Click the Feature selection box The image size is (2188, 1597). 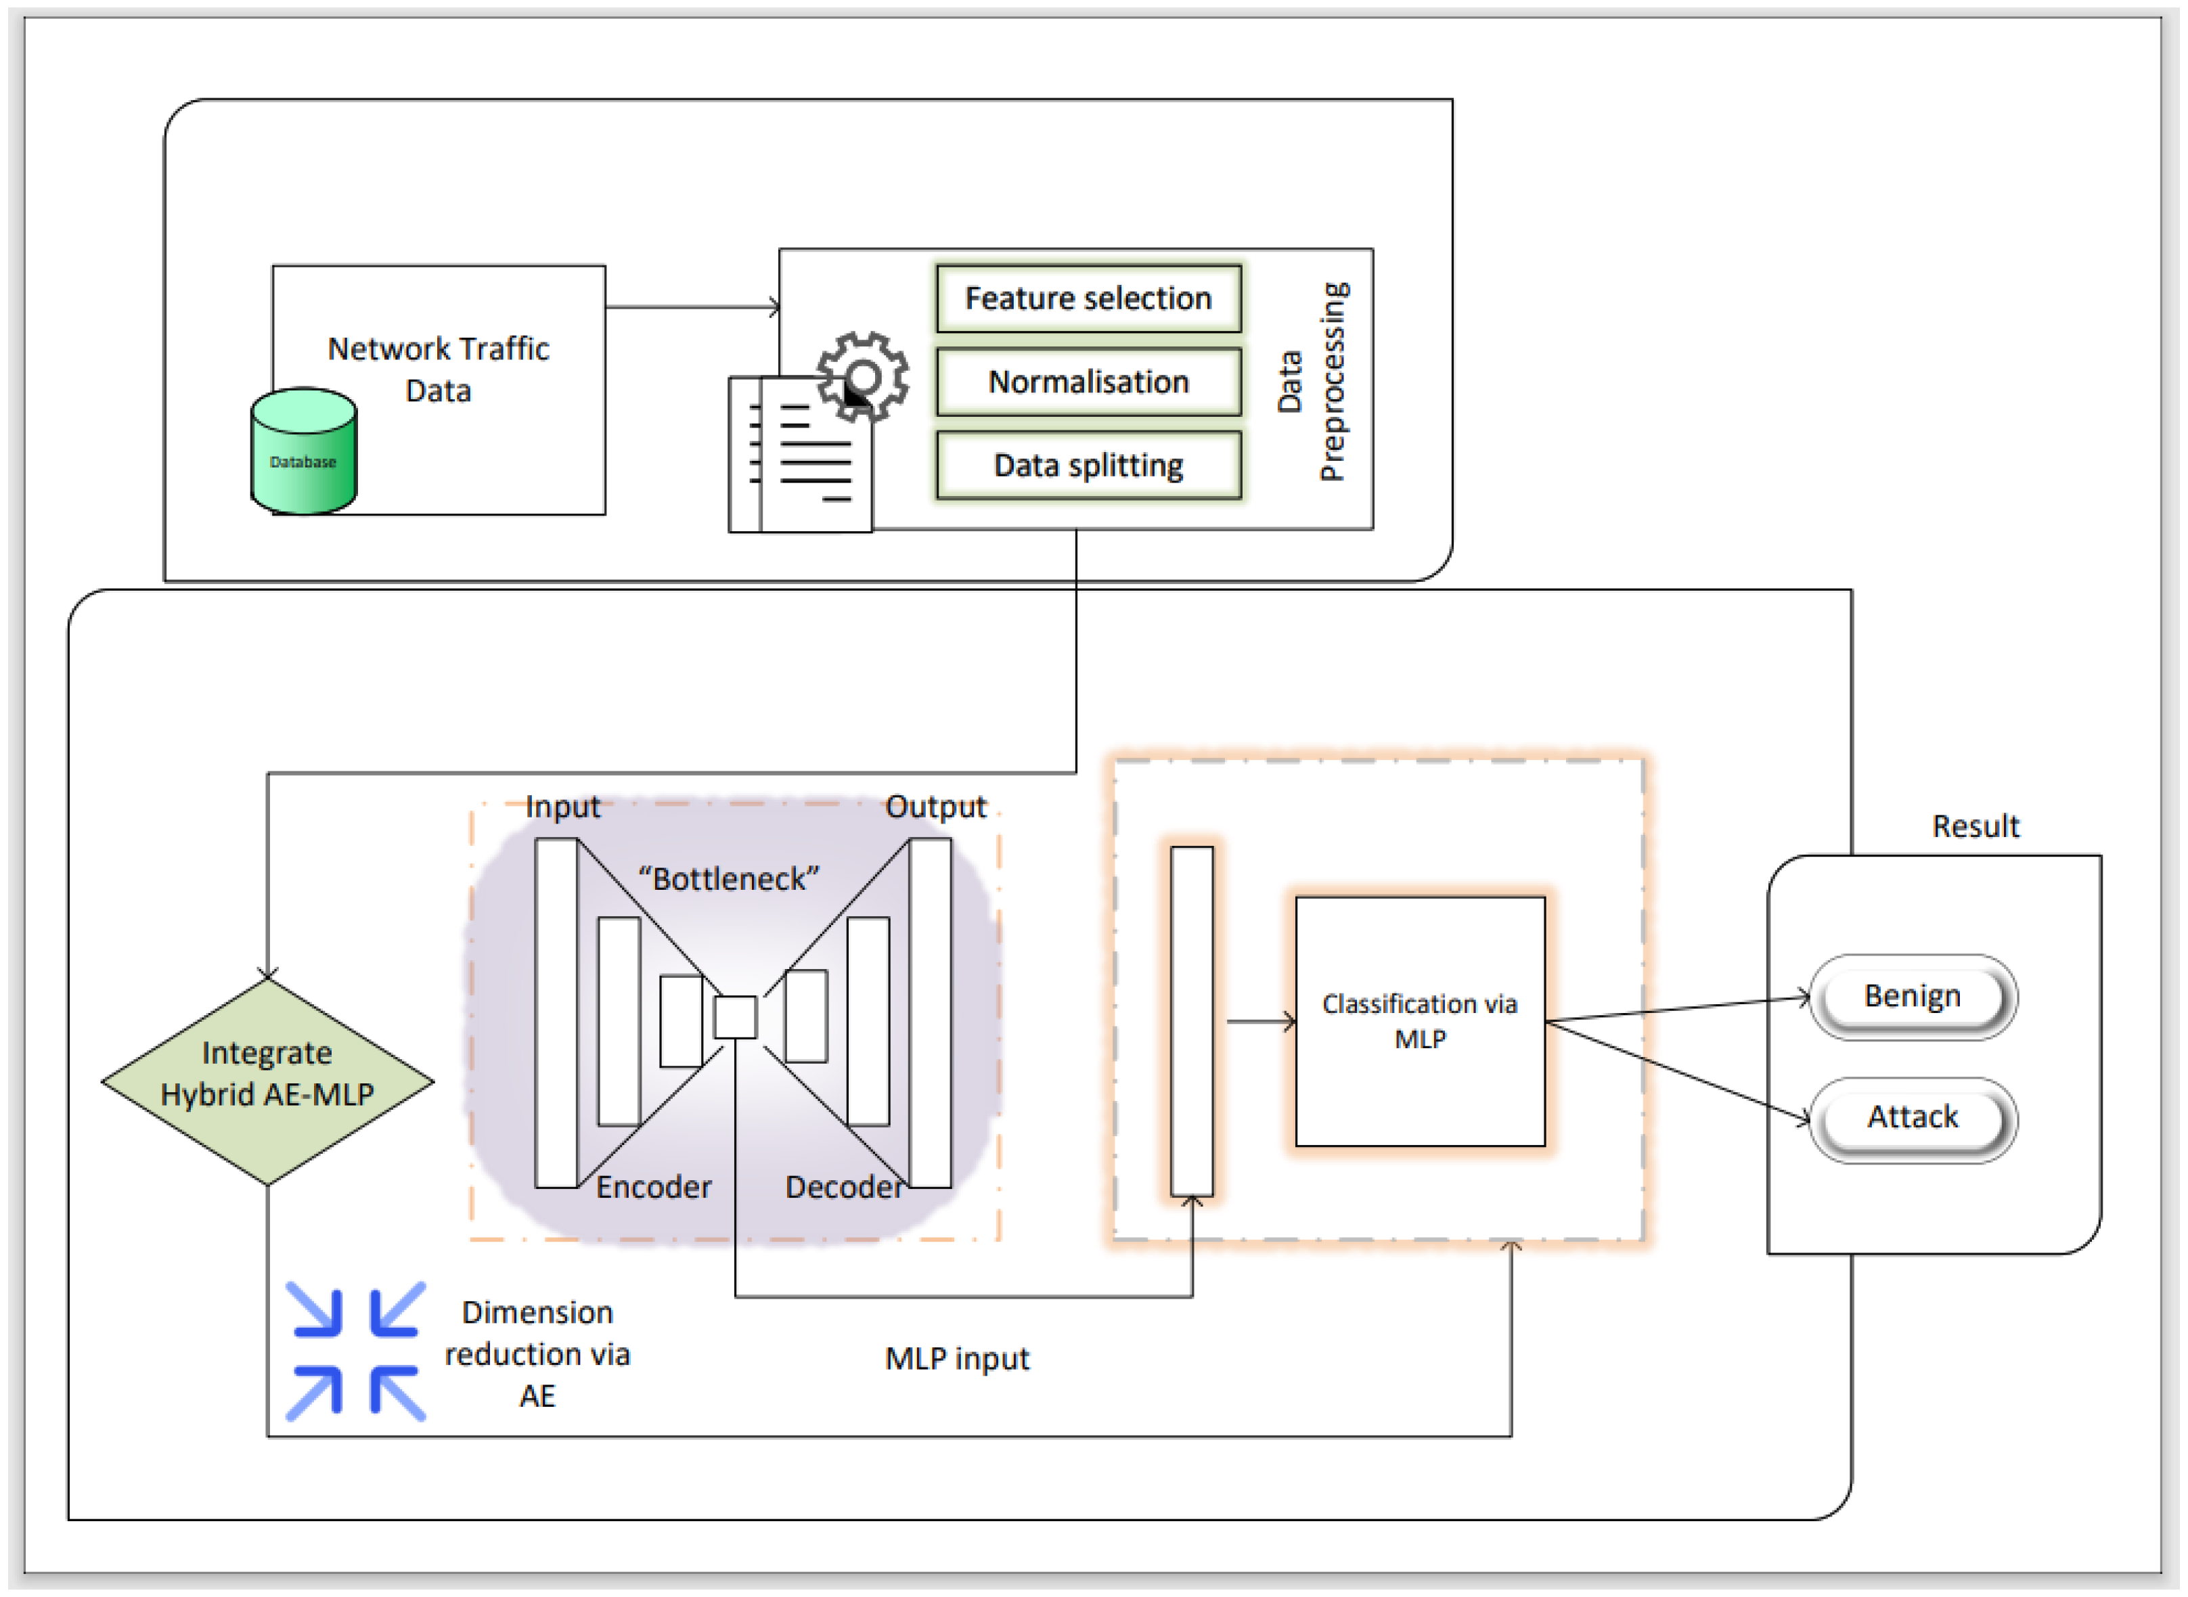coord(1089,298)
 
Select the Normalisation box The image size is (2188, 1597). coord(1089,382)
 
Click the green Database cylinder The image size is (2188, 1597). coord(304,451)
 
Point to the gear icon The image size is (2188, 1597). coord(862,377)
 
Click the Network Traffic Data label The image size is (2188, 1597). coord(438,369)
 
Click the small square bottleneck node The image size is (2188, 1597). coord(735,1017)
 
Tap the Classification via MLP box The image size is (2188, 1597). coord(1419,1022)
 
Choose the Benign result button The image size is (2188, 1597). coord(1913,997)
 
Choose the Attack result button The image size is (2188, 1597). coord(1913,1119)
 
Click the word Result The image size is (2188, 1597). coord(1975,826)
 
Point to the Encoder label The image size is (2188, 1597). coord(654,1186)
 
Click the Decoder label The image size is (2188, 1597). coord(844,1186)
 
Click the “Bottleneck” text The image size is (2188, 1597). coord(728,879)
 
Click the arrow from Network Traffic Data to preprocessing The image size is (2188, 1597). coord(692,307)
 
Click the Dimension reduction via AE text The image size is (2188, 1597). coord(537,1353)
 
